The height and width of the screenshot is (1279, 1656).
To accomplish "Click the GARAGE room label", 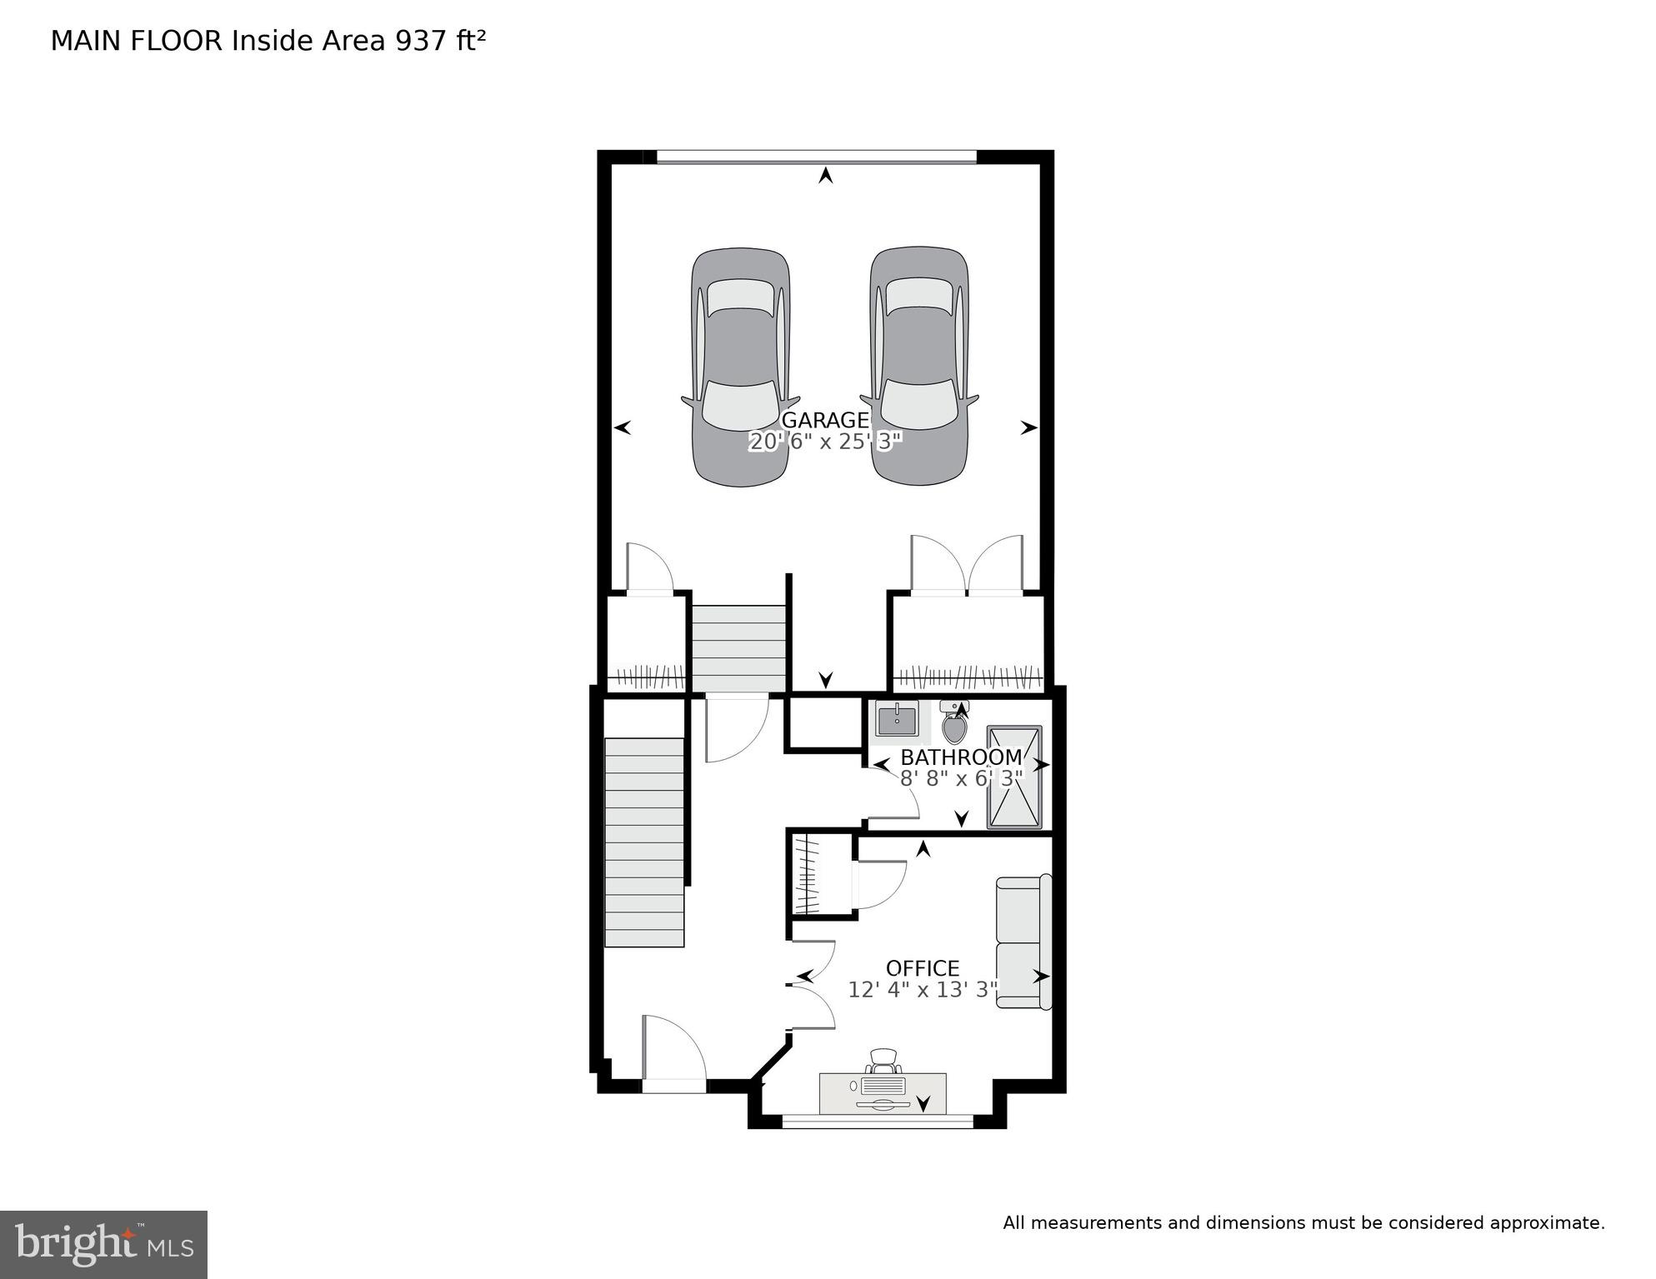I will click(824, 420).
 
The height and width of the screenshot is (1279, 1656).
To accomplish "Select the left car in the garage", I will click(740, 367).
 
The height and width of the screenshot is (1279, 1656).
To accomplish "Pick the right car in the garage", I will click(919, 367).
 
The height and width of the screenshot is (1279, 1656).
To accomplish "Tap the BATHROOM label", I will click(960, 757).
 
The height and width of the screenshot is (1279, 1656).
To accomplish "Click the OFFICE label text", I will click(922, 968).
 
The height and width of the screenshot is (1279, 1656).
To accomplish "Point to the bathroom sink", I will click(896, 720).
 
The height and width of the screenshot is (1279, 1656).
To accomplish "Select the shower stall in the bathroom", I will click(1014, 777).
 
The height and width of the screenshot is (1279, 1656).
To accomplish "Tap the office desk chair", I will click(883, 1062).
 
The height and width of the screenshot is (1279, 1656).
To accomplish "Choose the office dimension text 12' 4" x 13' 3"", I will click(923, 990).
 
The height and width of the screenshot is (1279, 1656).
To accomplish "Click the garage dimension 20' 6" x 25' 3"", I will click(825, 442).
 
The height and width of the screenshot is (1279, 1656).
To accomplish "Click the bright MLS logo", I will click(103, 1245).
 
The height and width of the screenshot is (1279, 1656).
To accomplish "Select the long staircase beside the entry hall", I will click(644, 842).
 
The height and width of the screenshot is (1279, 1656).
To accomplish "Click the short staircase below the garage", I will click(739, 649).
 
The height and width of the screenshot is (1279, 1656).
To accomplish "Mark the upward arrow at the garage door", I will click(825, 175).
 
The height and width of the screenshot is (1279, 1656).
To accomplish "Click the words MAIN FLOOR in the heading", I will click(137, 41).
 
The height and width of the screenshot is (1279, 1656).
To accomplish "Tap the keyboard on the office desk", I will click(883, 1086).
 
